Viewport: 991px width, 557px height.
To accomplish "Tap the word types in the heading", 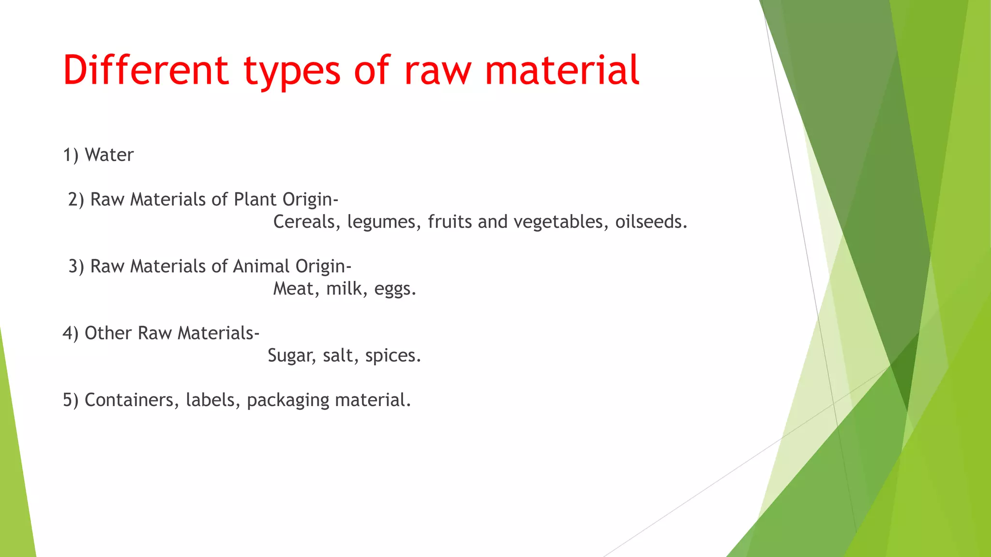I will pos(292,72).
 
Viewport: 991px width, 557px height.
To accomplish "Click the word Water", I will pos(109,155).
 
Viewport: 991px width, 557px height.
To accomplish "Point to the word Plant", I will pos(255,199).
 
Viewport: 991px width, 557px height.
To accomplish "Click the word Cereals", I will pos(307,222).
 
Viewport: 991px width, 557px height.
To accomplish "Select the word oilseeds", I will pos(651,222).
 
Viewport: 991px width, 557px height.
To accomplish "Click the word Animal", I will pos(261,266).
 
